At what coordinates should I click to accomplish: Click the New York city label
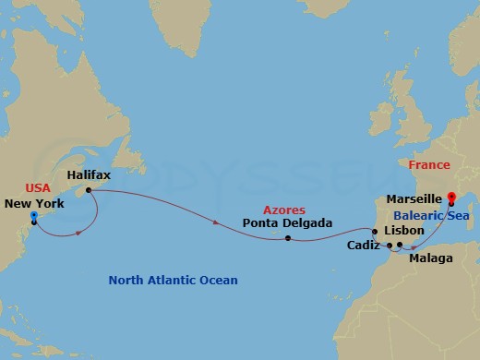[x=34, y=203]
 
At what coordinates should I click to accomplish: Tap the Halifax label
[x=90, y=173]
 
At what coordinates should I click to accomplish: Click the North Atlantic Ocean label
[x=173, y=280]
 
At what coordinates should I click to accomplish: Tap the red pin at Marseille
[x=451, y=198]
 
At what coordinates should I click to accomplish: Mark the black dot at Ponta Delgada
[x=288, y=239]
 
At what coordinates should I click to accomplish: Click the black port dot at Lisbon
[x=374, y=232]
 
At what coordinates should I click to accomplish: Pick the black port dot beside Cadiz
[x=390, y=246]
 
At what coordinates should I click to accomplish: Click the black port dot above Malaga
[x=400, y=246]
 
